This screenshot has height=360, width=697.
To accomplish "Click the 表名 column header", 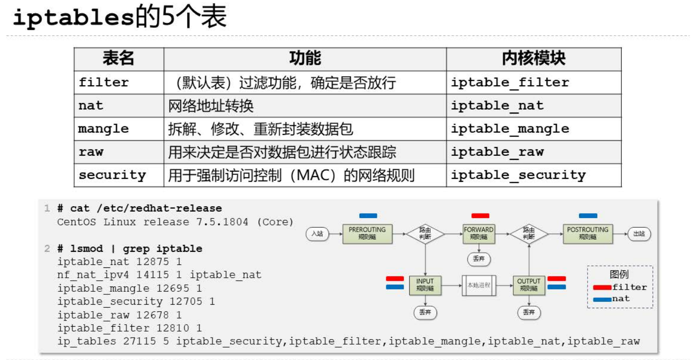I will coord(118,59).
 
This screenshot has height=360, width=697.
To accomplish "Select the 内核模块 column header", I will coord(533,59).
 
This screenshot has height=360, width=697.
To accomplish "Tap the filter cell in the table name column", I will coord(104,82).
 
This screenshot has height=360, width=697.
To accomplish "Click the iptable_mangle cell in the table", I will coord(510,128).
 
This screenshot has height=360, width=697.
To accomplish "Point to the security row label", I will coord(113,175).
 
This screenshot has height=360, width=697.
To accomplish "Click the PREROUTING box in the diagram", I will coord(367,234).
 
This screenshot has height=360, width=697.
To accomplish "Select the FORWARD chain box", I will coord(478,234).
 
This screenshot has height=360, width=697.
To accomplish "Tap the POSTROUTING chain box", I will coord(587,234).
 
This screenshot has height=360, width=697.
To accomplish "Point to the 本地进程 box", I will coord(478,285).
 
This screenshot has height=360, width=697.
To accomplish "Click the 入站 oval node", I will coord(318,234).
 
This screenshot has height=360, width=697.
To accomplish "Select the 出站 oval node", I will coord(639,234).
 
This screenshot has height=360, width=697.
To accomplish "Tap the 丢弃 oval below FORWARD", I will coord(478,259).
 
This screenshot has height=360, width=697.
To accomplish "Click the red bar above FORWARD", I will coord(480,216).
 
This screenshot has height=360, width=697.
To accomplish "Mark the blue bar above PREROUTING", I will coord(368,216).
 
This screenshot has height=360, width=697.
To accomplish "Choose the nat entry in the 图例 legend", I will coord(612,299).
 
